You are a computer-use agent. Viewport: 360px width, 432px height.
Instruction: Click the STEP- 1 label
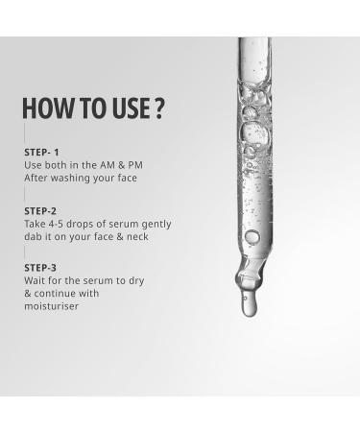point(44,152)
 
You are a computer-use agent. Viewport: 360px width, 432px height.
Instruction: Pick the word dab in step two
point(34,237)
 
